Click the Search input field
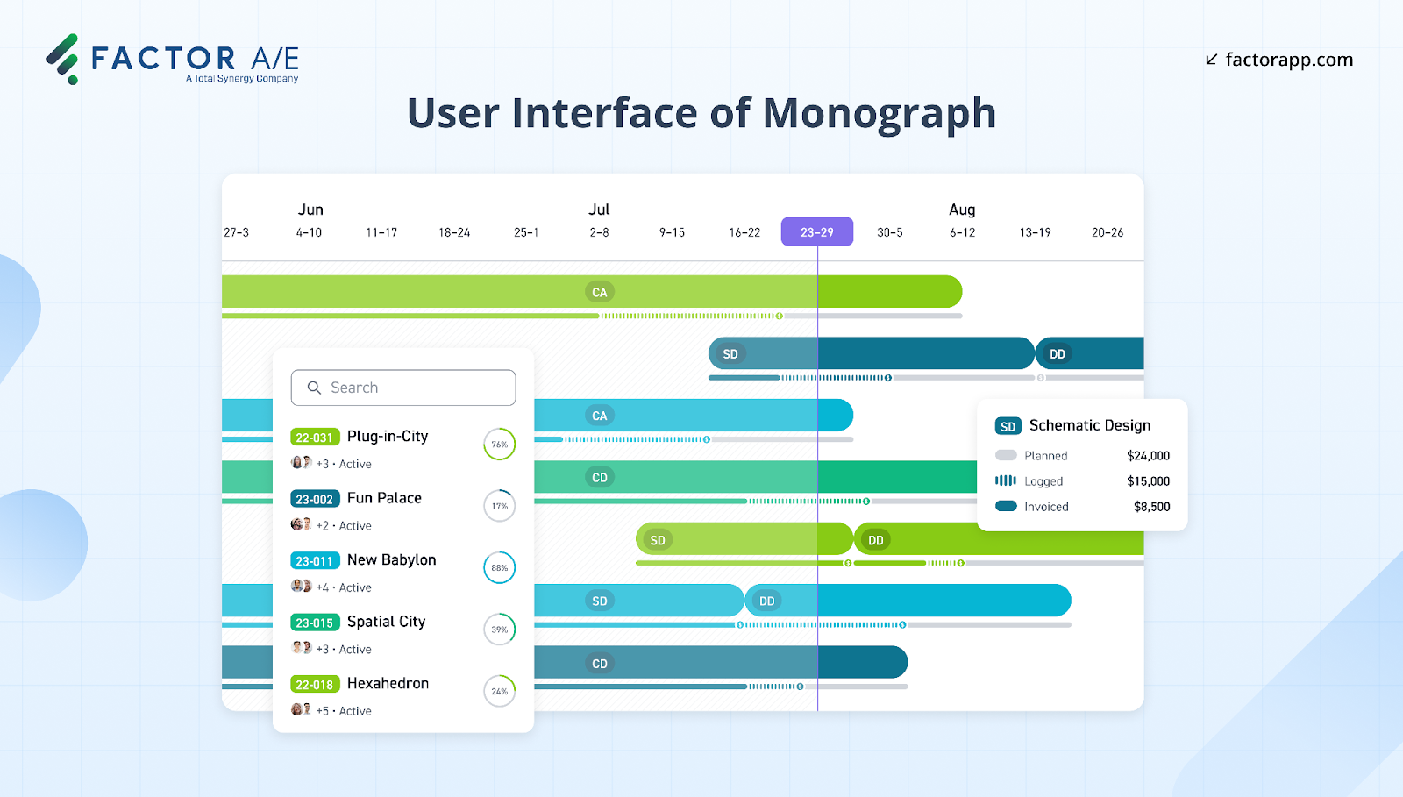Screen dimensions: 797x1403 click(x=403, y=388)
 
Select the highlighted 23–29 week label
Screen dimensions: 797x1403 click(x=817, y=232)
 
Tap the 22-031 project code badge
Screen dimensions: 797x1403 click(x=315, y=438)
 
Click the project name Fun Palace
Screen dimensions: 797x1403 click(x=384, y=498)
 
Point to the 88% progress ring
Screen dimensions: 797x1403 click(x=500, y=568)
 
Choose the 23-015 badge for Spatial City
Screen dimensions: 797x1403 click(x=315, y=623)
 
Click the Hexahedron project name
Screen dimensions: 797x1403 click(x=388, y=683)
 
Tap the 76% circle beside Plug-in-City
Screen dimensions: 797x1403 click(x=500, y=445)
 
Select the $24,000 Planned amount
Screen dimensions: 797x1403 click(x=1148, y=456)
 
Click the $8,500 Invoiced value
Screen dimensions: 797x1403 click(x=1151, y=507)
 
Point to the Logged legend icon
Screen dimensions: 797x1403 click(x=1006, y=480)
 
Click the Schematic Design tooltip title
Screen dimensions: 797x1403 click(x=1089, y=425)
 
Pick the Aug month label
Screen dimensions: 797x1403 click(x=962, y=210)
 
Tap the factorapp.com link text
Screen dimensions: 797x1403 click(x=1288, y=60)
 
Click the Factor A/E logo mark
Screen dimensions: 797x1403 click(x=63, y=59)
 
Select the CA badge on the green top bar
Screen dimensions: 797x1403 click(x=600, y=292)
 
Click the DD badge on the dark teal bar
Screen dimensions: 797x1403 click(x=1058, y=354)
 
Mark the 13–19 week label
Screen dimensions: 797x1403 click(x=1035, y=232)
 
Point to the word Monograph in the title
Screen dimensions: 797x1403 click(x=879, y=114)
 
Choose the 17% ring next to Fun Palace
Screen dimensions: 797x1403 click(x=500, y=506)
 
